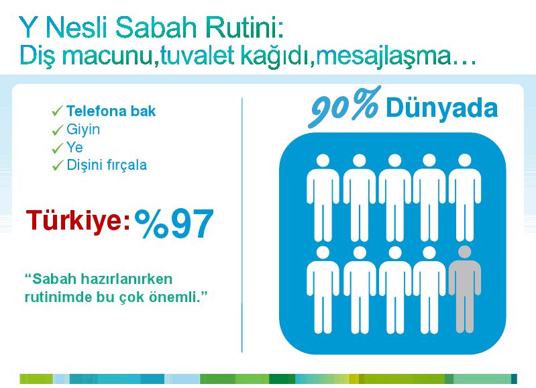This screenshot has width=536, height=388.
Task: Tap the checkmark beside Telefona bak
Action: [57, 111]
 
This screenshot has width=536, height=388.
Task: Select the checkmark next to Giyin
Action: [57, 130]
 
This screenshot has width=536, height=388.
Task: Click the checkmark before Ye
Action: [57, 148]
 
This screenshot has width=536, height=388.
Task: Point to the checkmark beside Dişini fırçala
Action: [57, 166]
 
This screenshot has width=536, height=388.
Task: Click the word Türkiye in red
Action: [75, 221]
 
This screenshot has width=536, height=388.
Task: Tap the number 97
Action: [193, 224]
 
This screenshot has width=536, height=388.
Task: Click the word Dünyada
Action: [441, 108]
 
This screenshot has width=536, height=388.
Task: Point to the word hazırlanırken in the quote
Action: [125, 279]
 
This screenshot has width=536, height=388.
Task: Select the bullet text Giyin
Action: [83, 130]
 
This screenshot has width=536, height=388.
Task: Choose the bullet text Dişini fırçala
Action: [107, 165]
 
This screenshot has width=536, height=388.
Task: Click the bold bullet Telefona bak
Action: [111, 111]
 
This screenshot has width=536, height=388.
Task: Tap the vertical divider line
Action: [242, 225]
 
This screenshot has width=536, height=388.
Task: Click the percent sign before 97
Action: [152, 224]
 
